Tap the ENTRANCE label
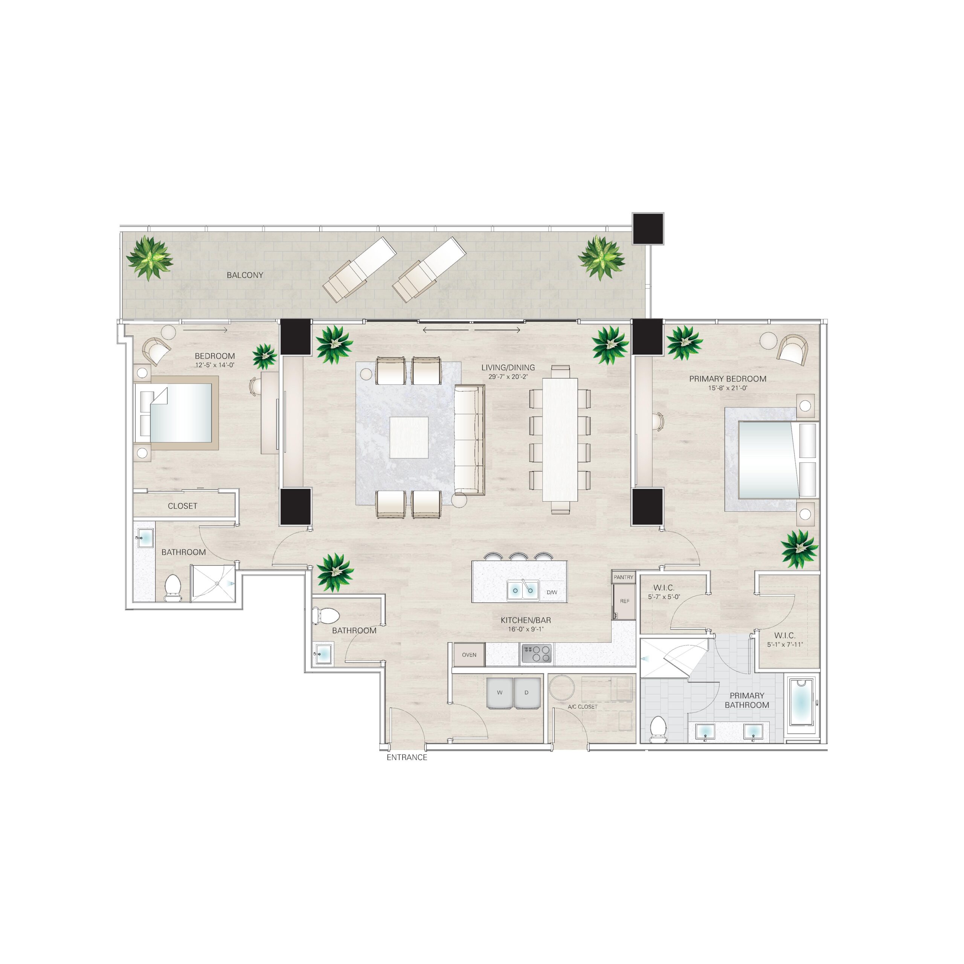pos(407,757)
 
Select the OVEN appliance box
pos(469,654)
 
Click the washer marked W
pos(499,692)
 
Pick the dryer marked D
pos(526,692)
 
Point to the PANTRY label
pos(623,577)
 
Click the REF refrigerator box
pos(624,601)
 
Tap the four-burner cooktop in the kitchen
pos(537,654)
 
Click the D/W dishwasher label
pos(551,593)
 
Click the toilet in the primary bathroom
pos(659,729)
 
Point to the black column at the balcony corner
pos(648,229)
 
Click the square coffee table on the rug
pos(409,437)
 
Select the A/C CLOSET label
pos(582,706)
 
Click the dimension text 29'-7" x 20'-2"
pos(508,377)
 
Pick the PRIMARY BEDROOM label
pos(728,379)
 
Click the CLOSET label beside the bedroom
pos(182,506)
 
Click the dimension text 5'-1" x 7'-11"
pos(785,645)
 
